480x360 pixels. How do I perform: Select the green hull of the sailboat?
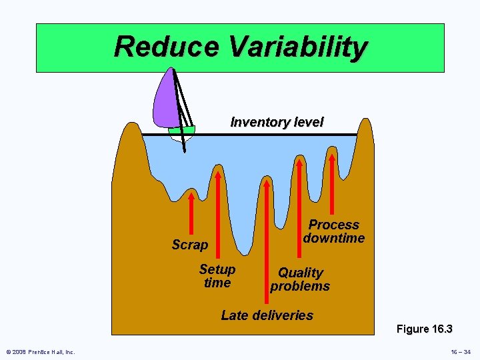click(x=181, y=131)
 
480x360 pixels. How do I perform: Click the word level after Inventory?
click(x=307, y=123)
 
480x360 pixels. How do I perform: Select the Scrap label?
click(x=190, y=245)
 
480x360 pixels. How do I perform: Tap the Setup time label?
click(x=217, y=276)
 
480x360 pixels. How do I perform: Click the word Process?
click(x=334, y=225)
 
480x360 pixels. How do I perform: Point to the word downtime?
click(x=334, y=238)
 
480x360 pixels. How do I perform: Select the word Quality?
click(x=300, y=273)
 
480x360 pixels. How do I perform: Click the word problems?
click(x=300, y=286)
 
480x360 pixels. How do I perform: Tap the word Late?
click(x=234, y=315)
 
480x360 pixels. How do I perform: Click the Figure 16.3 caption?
click(x=424, y=329)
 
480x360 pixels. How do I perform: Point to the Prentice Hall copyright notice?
click(x=41, y=351)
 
